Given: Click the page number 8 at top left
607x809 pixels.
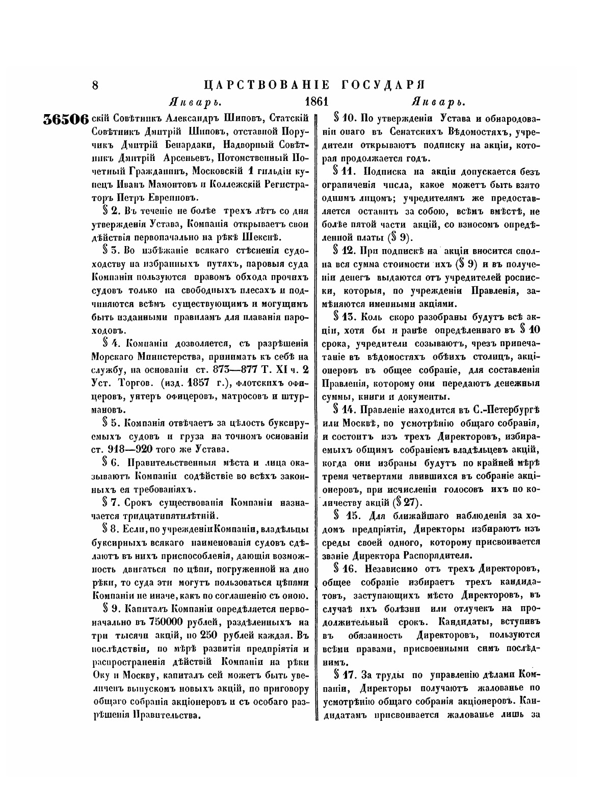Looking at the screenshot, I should click(95, 85).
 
